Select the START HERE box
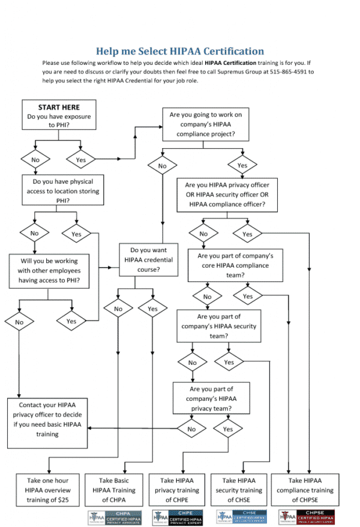pyautogui.click(x=59, y=115)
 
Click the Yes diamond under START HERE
pyautogui.click(x=81, y=160)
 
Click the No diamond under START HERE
pyautogui.click(x=35, y=160)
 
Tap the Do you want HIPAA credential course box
pyautogui.click(x=149, y=259)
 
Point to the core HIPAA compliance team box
pyautogui.click(x=235, y=265)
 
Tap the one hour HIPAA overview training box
pyautogui.click(x=47, y=490)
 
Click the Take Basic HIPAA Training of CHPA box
pyautogui.click(x=115, y=490)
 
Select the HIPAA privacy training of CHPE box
pyautogui.click(x=179, y=490)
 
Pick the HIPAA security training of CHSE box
pyautogui.click(x=242, y=490)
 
